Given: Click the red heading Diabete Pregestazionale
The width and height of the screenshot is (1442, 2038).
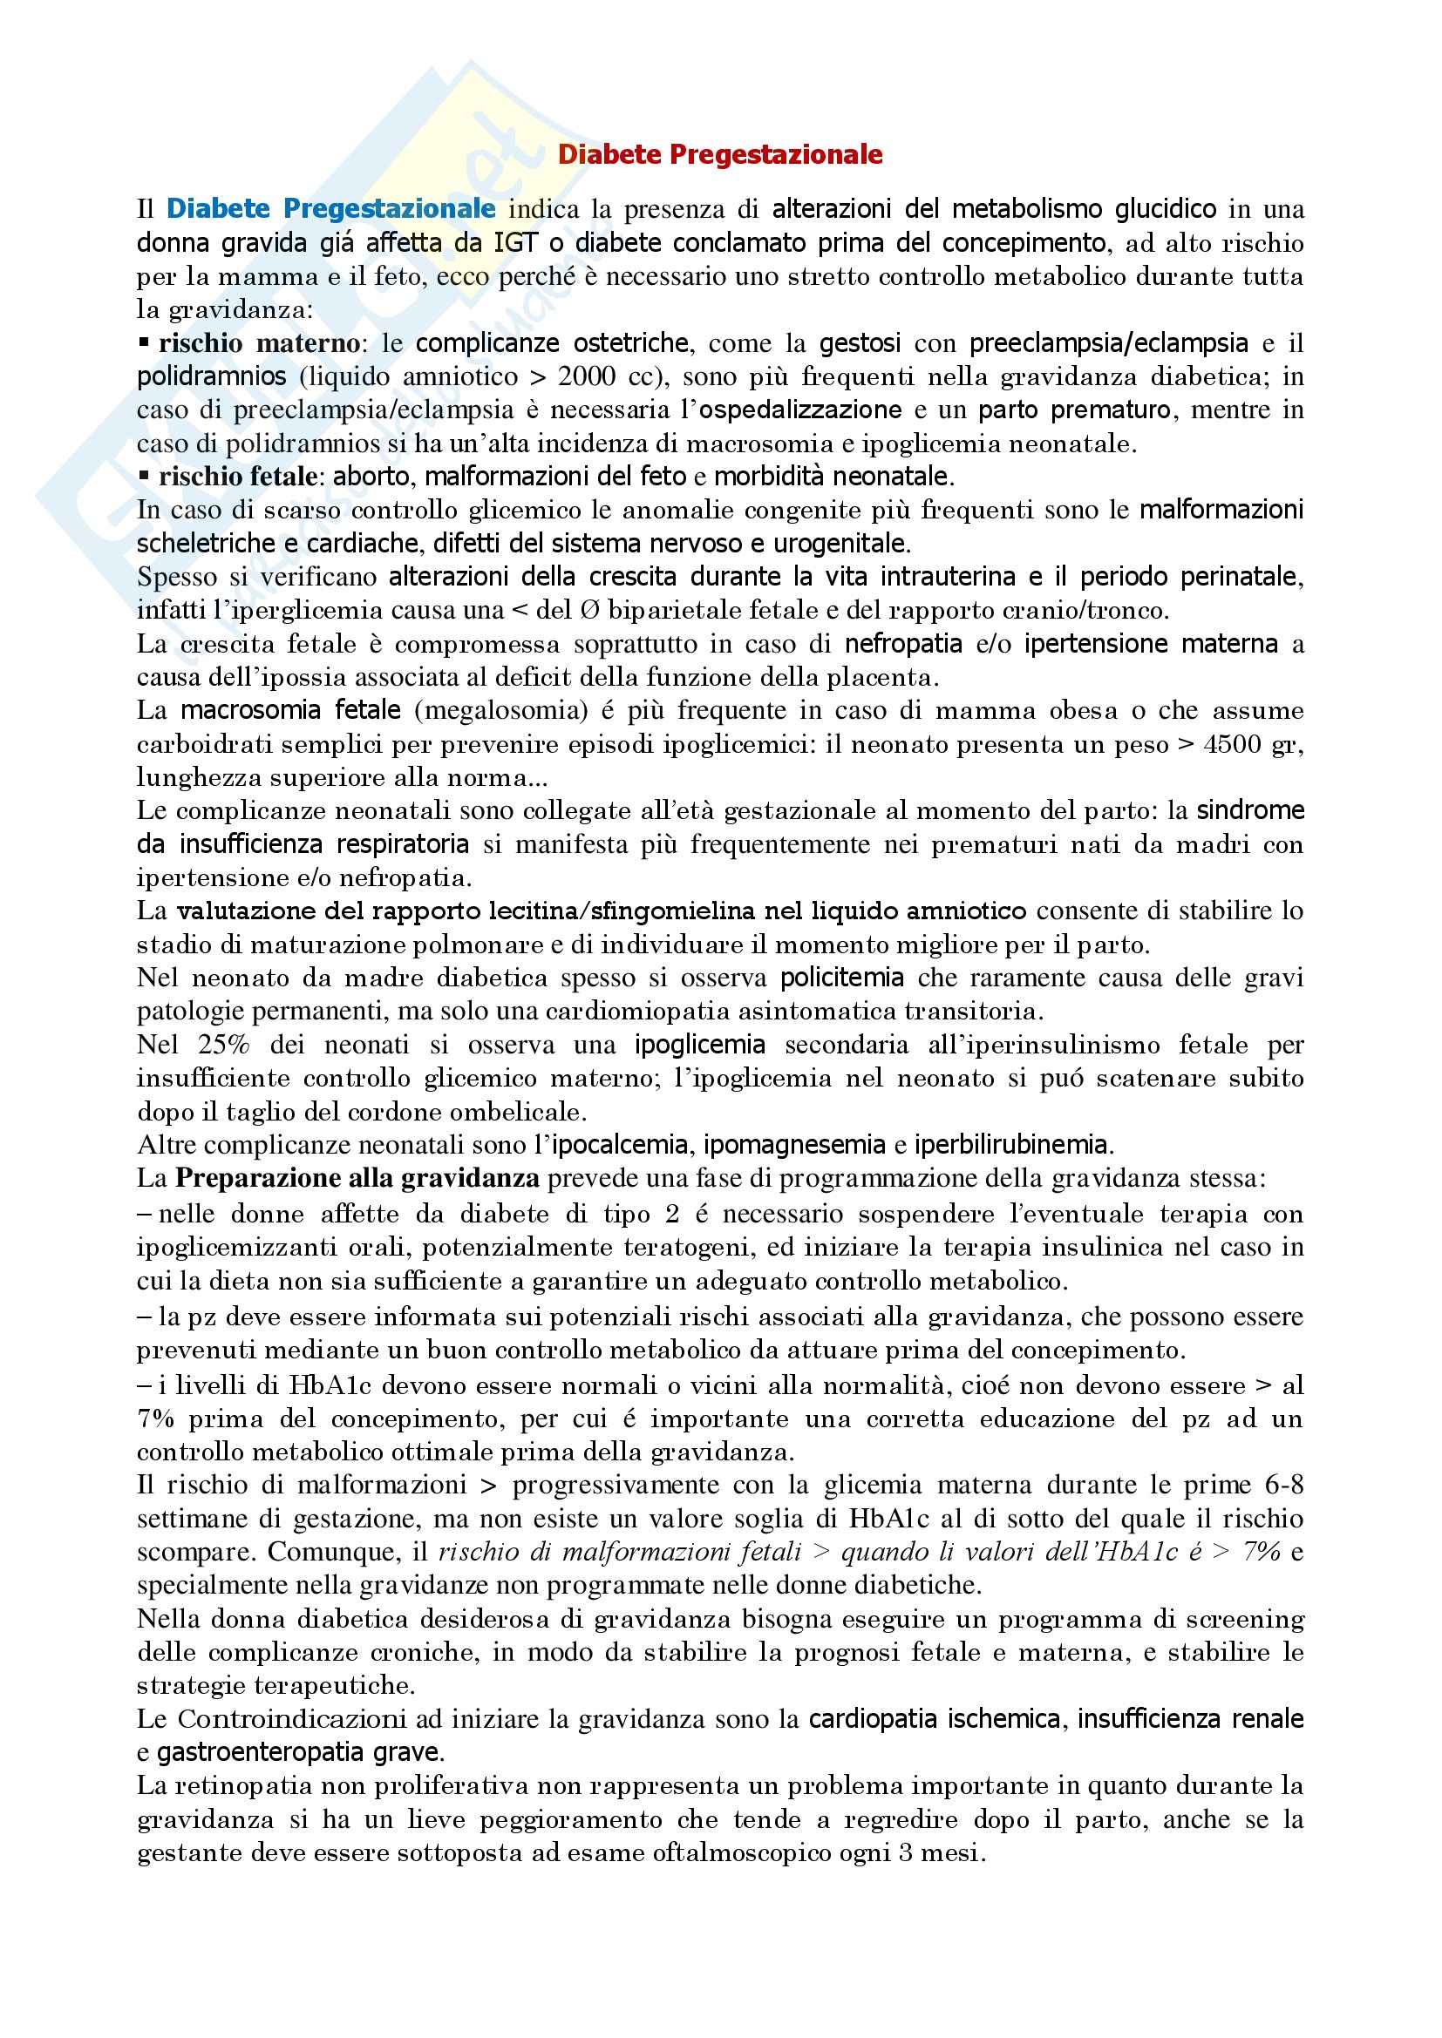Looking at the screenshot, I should pos(719,155).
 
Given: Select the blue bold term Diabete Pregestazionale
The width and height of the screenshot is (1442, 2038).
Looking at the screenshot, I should pos(330,208).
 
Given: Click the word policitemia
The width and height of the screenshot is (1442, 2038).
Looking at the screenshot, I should pos(842,978).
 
